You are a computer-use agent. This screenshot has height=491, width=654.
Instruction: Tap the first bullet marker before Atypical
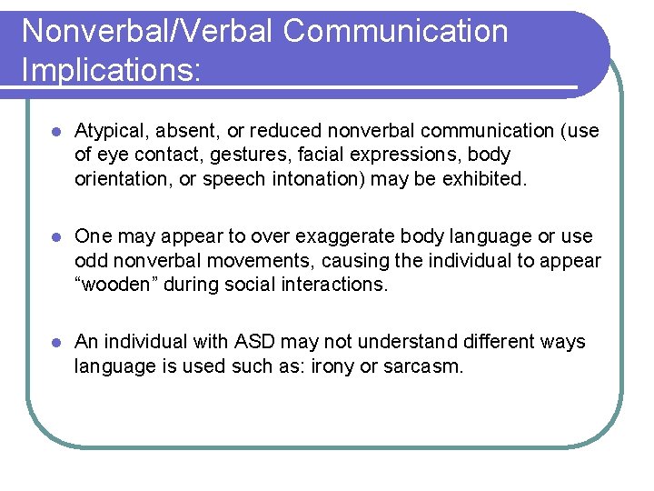55,131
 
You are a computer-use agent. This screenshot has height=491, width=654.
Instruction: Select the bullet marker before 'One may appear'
55,236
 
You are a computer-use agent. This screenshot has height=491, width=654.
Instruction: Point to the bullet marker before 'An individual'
55,342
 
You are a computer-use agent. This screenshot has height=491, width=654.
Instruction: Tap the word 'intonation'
317,178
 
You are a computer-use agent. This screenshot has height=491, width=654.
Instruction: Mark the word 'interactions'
336,284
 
